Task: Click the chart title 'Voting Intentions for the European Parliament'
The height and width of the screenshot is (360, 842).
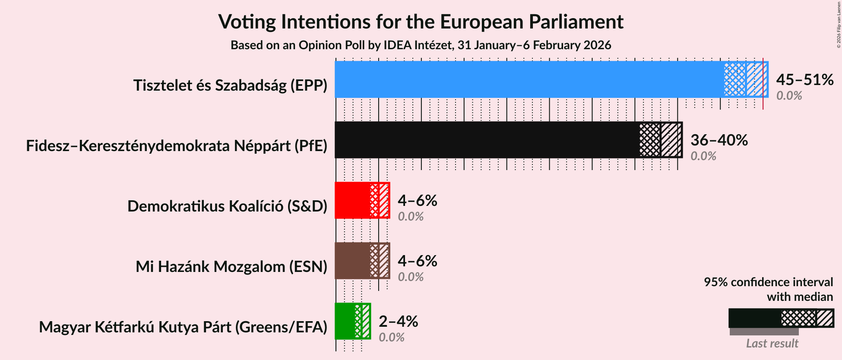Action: click(x=421, y=22)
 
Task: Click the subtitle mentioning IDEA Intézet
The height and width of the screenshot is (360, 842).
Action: click(x=421, y=45)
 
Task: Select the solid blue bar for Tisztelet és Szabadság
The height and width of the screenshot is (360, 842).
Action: click(x=529, y=79)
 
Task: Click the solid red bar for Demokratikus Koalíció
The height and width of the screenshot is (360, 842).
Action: click(x=352, y=200)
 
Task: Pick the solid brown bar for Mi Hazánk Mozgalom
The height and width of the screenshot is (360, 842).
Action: click(x=352, y=261)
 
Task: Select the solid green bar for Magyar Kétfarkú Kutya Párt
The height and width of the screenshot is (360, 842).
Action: click(x=345, y=321)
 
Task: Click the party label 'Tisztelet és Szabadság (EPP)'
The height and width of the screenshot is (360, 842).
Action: click(x=230, y=85)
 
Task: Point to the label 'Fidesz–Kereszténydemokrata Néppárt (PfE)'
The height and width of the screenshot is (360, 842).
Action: click(x=177, y=146)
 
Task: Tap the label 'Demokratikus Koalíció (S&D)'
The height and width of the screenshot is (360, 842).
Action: click(x=227, y=206)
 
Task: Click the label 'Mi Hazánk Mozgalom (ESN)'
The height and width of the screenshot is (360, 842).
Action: click(x=231, y=267)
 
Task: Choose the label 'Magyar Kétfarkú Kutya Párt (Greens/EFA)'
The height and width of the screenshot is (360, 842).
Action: click(x=183, y=327)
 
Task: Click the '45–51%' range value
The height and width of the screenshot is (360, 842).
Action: click(x=804, y=80)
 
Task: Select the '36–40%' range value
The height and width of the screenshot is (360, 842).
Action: click(x=719, y=140)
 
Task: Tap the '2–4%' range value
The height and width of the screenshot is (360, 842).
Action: click(x=398, y=322)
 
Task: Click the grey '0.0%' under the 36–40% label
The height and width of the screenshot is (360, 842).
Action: click(x=703, y=156)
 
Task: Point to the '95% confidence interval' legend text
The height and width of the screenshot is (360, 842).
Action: click(x=768, y=282)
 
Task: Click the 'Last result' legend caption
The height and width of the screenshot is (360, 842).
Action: click(x=772, y=344)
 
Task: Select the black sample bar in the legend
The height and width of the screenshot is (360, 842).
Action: click(x=754, y=318)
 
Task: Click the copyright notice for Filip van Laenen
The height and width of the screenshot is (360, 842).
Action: click(x=839, y=24)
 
